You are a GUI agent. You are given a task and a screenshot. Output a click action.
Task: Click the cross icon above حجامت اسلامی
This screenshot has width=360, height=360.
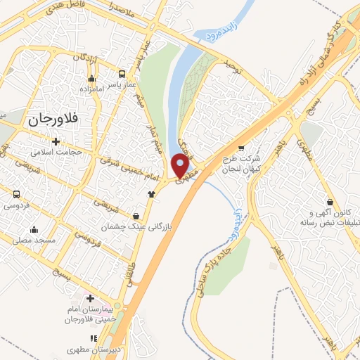click(x=56, y=141)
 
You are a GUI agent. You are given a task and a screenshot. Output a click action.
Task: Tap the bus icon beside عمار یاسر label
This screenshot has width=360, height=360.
click(x=122, y=74)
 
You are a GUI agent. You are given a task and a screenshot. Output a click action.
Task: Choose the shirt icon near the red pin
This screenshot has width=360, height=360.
click(x=150, y=194)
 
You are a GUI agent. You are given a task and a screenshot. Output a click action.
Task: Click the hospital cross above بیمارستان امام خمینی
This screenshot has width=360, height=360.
click(x=91, y=298)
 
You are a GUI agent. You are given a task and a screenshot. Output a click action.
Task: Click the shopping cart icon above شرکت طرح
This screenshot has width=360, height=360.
click(x=242, y=148)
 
